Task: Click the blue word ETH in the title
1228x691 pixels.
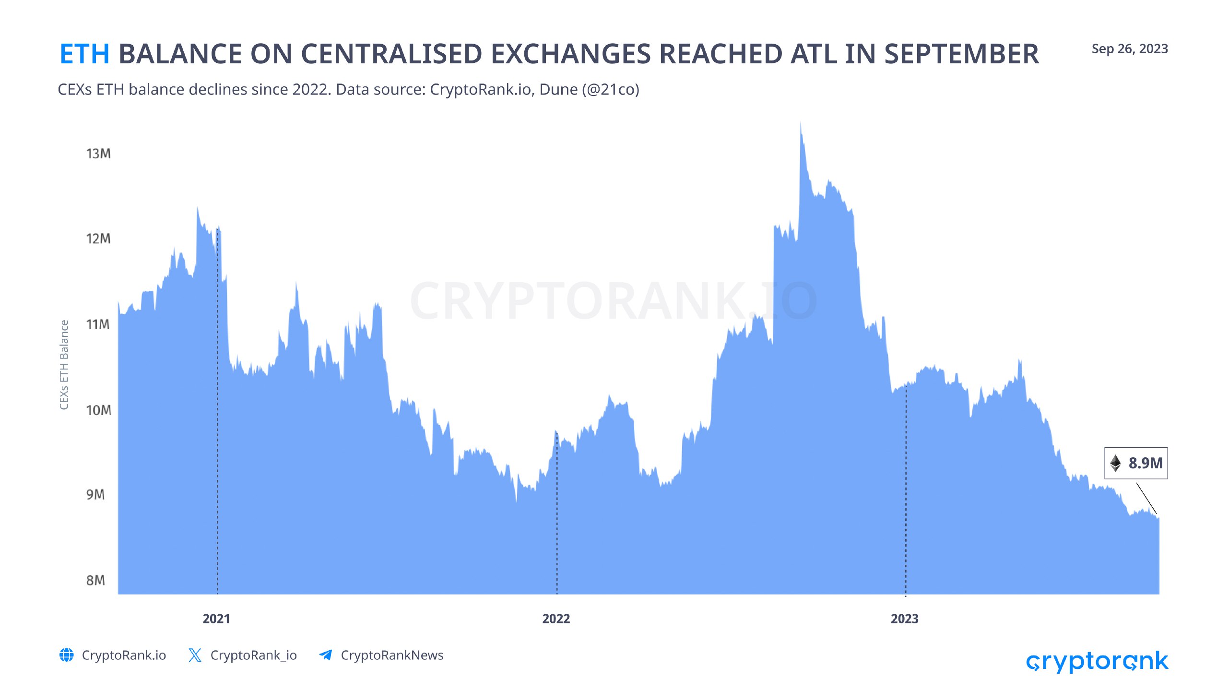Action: [x=84, y=54]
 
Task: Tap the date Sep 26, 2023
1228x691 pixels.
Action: [x=1129, y=49]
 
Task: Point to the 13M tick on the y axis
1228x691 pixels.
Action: [x=98, y=154]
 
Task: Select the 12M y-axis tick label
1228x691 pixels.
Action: [x=98, y=238]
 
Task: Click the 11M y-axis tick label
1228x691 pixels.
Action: [x=98, y=324]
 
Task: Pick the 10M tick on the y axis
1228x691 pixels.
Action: [x=98, y=410]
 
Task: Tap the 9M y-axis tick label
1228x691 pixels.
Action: [x=95, y=495]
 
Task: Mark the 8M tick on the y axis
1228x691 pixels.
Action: [x=95, y=580]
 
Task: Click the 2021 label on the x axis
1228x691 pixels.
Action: [x=216, y=619]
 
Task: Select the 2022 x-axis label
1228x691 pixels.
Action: [x=556, y=619]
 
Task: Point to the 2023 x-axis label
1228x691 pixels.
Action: [x=904, y=619]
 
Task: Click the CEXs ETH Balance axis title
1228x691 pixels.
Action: [x=64, y=365]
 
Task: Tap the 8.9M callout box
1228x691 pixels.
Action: [x=1136, y=463]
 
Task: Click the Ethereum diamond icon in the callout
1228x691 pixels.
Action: [x=1116, y=463]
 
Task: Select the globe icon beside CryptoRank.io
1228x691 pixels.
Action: [x=67, y=655]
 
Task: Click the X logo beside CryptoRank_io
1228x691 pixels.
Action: [x=195, y=655]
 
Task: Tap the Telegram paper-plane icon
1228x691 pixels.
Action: [x=326, y=655]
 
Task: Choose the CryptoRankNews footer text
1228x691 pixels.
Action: [x=392, y=655]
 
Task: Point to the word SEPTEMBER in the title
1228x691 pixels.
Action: [x=961, y=54]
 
